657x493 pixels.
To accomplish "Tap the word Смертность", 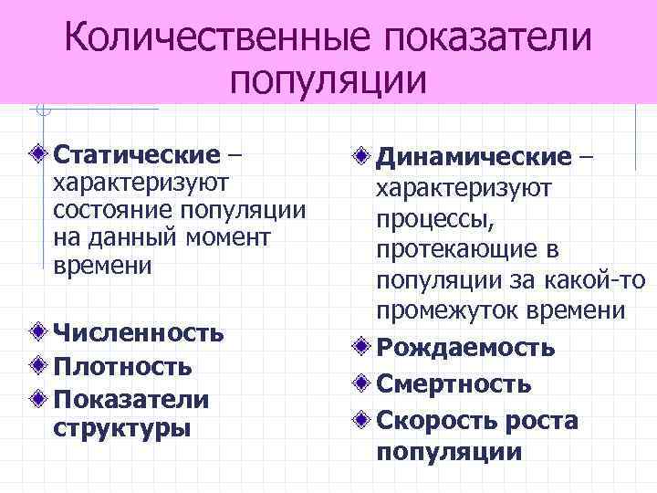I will click(454, 383).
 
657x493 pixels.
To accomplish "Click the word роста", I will click(538, 420).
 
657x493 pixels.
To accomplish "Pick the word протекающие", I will click(452, 249).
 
